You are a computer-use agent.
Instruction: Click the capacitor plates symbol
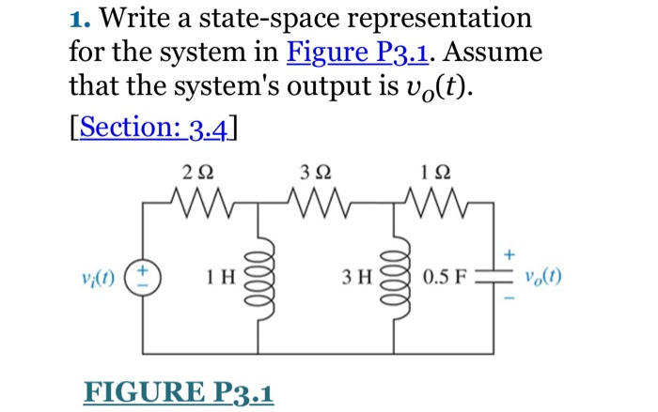click(496, 278)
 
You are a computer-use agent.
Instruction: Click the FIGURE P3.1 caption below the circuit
click(179, 389)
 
